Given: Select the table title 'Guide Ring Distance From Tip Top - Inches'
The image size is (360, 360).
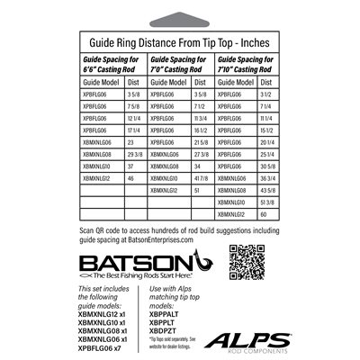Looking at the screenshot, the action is [x=180, y=41].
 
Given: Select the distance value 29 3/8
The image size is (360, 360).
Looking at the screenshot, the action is [x=135, y=155].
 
